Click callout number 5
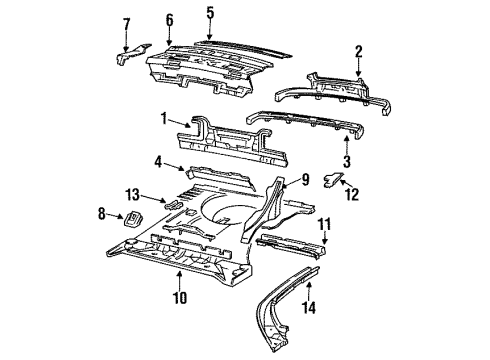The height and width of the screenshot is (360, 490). click(x=210, y=13)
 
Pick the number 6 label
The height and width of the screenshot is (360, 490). click(x=169, y=19)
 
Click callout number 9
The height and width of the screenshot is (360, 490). click(x=307, y=181)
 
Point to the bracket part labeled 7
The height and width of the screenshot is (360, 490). click(x=126, y=57)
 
